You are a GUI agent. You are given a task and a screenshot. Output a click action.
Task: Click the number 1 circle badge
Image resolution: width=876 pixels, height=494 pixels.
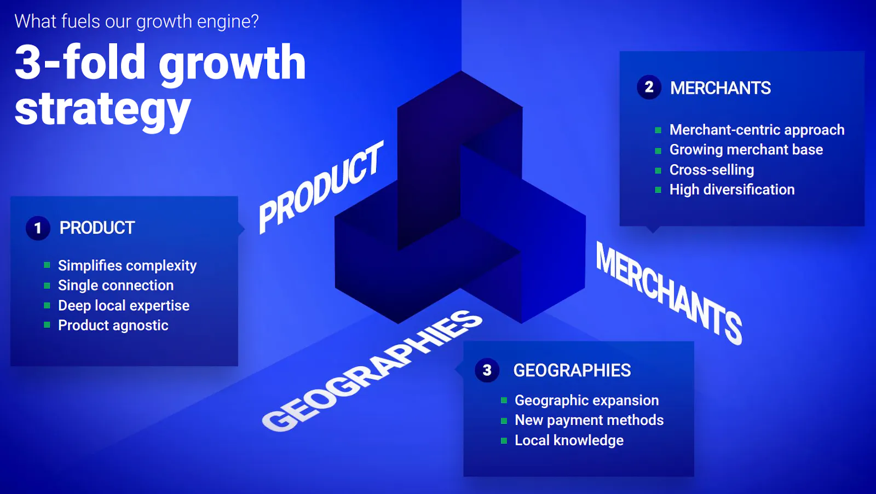point(38,228)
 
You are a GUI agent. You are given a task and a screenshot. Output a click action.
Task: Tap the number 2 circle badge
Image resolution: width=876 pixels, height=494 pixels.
point(649,87)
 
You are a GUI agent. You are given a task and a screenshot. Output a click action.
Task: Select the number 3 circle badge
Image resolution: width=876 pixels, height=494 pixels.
point(487,370)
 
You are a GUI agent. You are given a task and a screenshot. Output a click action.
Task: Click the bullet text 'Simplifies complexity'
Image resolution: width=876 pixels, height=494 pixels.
point(127,266)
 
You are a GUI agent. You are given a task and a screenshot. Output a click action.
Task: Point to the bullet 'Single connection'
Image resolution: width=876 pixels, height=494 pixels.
point(116,286)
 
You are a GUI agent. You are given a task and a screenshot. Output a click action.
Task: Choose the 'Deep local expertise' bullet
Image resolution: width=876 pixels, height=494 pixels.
point(124,306)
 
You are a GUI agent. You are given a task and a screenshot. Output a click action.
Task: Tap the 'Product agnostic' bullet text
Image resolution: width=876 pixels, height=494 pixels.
point(113,326)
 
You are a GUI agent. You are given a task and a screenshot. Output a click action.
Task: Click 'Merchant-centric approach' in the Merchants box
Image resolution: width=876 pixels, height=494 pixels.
point(757,130)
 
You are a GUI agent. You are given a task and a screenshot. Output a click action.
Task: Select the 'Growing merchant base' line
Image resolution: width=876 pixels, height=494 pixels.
point(746,150)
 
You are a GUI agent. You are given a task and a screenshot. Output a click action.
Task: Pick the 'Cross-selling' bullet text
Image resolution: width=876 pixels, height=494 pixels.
point(712,170)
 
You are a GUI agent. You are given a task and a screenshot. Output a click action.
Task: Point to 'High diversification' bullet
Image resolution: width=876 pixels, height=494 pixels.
point(732,189)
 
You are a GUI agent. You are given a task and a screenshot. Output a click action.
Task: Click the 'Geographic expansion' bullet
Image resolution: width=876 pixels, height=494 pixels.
point(586,400)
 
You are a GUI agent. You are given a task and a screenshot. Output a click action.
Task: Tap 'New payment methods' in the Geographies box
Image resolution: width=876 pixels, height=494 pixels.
point(589,421)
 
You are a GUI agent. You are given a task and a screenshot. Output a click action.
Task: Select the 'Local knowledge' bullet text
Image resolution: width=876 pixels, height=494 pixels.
point(569,440)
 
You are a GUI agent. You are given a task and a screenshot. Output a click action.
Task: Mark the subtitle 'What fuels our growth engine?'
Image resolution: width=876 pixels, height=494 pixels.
point(136,21)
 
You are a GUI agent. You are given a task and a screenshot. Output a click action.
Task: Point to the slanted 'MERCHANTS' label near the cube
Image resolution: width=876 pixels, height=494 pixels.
point(668,293)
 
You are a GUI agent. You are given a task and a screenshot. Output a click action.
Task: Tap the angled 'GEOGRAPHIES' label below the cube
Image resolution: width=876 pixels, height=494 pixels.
point(372,371)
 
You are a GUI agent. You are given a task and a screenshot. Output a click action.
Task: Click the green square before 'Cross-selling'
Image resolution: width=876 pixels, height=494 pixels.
point(658,170)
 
